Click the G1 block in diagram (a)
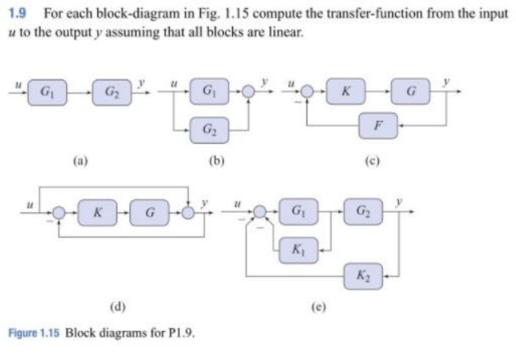click(46, 93)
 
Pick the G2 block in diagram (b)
click(209, 131)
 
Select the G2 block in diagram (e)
click(363, 212)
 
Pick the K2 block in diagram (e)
click(363, 277)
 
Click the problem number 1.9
click(16, 14)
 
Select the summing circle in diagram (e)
click(258, 212)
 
